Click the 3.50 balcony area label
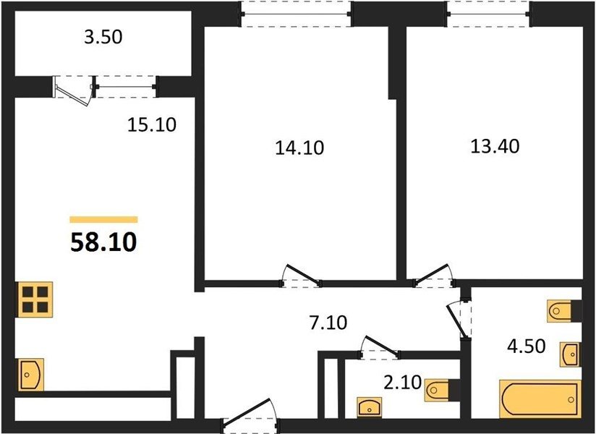103,37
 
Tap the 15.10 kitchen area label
152,124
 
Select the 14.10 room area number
299,148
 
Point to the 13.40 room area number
495,146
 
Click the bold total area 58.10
103,242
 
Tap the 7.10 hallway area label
328,323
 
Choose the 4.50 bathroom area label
527,346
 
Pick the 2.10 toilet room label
403,383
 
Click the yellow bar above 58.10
103,219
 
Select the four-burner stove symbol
34,299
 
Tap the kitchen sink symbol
30,375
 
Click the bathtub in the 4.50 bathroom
540,399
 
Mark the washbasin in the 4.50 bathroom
570,354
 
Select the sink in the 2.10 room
370,407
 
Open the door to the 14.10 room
301,276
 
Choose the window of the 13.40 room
488,14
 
